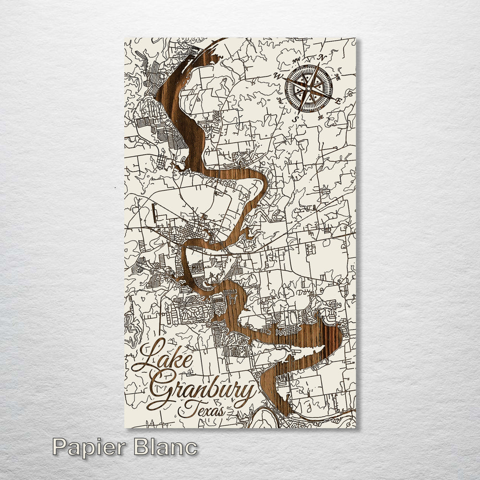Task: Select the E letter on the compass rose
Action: (x=339, y=100)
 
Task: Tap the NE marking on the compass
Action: (x=337, y=76)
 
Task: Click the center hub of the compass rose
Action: (x=309, y=88)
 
